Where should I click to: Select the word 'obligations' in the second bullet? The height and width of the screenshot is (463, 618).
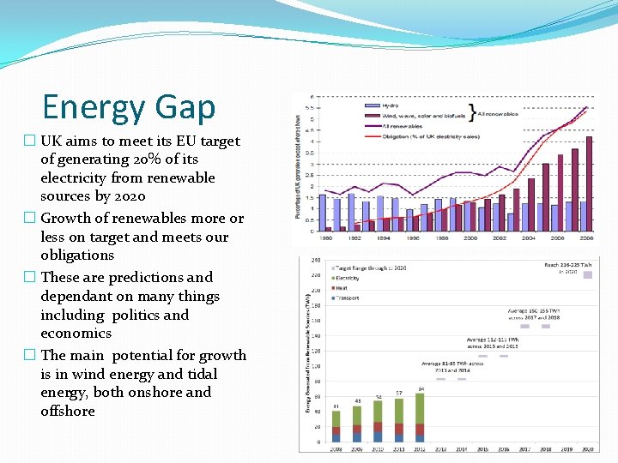[x=77, y=256]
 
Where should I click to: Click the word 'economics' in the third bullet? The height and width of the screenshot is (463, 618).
[x=76, y=334]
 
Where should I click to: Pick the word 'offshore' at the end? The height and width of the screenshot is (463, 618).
[x=68, y=412]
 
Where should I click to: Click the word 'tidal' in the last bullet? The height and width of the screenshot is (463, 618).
[x=203, y=374]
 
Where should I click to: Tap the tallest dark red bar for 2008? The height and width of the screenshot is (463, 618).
[x=589, y=183]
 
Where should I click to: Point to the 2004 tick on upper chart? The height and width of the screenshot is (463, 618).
[x=528, y=238]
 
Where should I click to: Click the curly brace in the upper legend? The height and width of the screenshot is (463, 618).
[x=471, y=112]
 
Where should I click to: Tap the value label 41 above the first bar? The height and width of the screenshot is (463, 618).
[x=336, y=406]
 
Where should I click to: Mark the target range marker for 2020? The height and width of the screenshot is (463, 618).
[x=587, y=275]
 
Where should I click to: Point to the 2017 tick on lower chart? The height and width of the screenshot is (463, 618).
[x=524, y=448]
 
